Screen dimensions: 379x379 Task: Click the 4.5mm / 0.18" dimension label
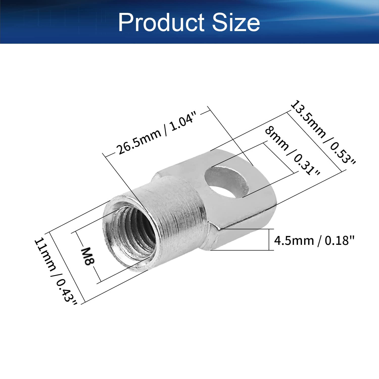coord(314,240)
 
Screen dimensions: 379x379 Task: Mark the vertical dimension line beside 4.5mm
coord(269,240)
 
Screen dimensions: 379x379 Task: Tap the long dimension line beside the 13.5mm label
coord(316,141)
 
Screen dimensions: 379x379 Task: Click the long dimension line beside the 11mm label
coord(66,267)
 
